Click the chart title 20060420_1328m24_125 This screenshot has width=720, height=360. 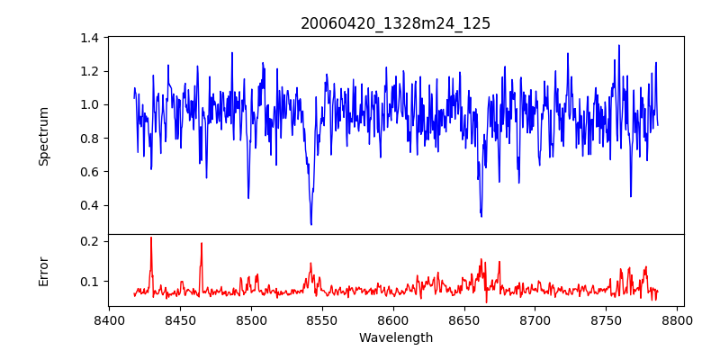[396, 23]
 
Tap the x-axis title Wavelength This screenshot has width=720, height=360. [396, 337]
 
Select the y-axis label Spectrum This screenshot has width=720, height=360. [44, 136]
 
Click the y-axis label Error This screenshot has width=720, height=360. [44, 271]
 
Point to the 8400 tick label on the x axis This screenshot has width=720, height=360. [109, 319]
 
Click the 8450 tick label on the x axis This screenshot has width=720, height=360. [180, 319]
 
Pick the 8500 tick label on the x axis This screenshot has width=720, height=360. [251, 319]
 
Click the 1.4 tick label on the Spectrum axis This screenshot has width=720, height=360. [90, 38]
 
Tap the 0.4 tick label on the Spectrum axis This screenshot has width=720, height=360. [90, 205]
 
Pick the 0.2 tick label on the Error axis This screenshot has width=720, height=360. [90, 241]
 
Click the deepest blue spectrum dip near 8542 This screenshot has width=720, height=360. [311, 224]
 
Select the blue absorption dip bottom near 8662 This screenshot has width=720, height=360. [481, 216]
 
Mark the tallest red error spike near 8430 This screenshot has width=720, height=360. [151, 238]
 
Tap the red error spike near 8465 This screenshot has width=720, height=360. [202, 243]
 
